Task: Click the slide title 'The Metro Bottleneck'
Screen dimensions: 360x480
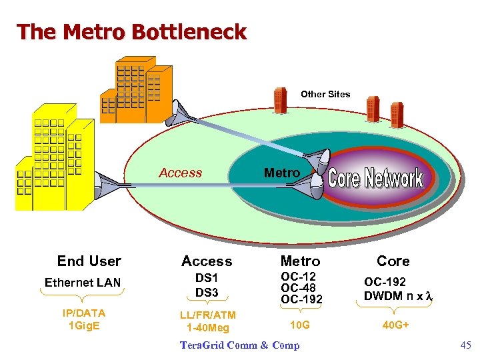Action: (x=131, y=31)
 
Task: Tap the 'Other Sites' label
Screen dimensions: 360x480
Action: (x=325, y=94)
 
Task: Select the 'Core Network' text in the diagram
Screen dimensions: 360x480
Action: (x=376, y=178)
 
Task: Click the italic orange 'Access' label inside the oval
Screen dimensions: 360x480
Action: (x=180, y=173)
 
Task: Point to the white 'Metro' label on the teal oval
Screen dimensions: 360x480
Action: (x=281, y=173)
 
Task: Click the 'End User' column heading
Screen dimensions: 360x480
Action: (x=89, y=261)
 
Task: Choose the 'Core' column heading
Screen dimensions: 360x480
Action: (x=393, y=261)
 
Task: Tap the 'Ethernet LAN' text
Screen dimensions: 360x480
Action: (x=83, y=283)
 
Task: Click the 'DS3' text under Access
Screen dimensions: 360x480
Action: (x=207, y=292)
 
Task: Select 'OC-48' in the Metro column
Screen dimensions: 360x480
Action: (x=298, y=287)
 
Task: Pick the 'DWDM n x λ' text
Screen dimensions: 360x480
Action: (x=398, y=295)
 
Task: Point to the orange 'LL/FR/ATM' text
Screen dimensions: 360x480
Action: (x=208, y=315)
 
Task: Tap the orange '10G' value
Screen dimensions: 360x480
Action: (x=299, y=324)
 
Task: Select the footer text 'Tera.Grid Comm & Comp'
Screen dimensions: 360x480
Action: (x=240, y=345)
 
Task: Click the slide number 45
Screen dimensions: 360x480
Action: (x=465, y=345)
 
